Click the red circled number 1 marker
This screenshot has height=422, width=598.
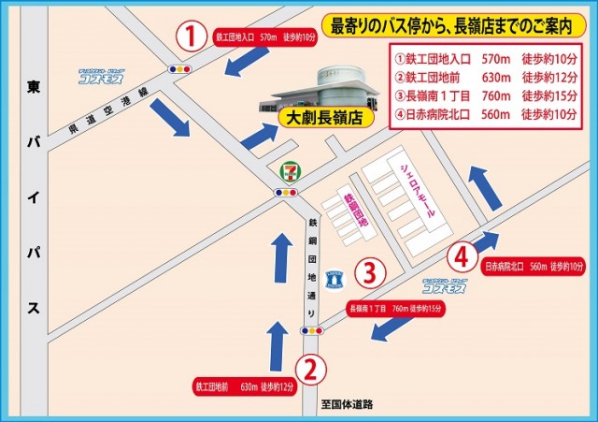(x=191, y=38)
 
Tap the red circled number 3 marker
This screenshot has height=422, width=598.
(x=370, y=273)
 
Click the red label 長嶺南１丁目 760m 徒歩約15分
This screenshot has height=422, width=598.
(x=392, y=307)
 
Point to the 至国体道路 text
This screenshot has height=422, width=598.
(x=347, y=404)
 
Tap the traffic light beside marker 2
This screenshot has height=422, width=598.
(x=310, y=330)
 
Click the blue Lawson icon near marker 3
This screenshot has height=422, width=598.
(x=336, y=276)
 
